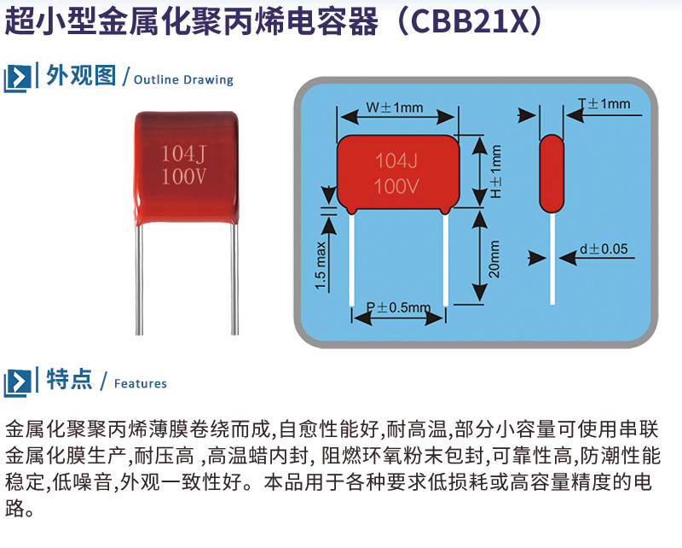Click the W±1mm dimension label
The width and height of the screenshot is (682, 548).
pyautogui.click(x=395, y=108)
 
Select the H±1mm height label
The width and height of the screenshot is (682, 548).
pyautogui.click(x=495, y=171)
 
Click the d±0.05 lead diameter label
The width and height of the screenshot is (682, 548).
pyautogui.click(x=603, y=249)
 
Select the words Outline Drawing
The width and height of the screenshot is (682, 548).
pyautogui.click(x=183, y=79)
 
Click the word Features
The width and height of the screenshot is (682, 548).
pyautogui.click(x=140, y=383)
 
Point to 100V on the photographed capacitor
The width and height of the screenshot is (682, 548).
pyautogui.click(x=185, y=178)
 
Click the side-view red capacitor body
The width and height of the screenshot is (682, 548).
pyautogui.click(x=552, y=173)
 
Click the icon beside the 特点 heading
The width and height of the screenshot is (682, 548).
pyautogui.click(x=18, y=381)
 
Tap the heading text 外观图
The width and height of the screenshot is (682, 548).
pyautogui.click(x=81, y=76)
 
